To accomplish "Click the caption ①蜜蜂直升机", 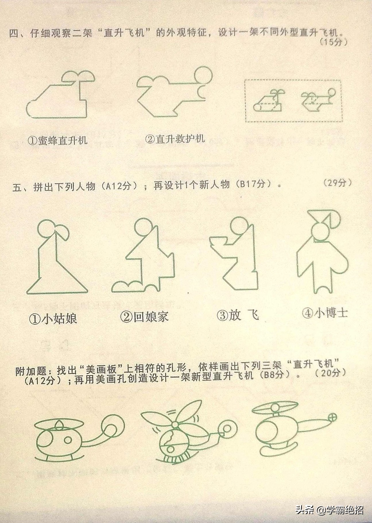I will point(57,140).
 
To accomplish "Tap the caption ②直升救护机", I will point(175,139).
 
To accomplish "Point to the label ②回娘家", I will point(144,317).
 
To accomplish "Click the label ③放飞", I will point(238,315).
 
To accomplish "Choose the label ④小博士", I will point(325,313).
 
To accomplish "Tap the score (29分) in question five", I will point(337,183).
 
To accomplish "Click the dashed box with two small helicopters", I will point(293,101).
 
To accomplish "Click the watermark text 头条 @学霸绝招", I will point(330,510).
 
